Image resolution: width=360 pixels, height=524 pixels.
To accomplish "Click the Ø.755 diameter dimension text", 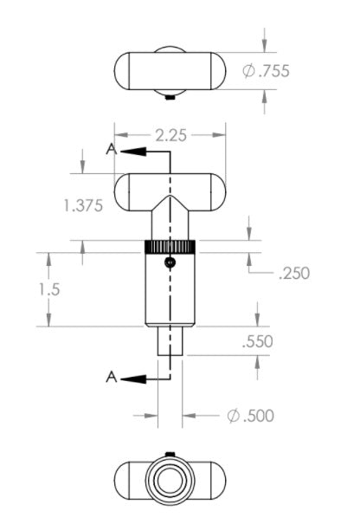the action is (x=266, y=71).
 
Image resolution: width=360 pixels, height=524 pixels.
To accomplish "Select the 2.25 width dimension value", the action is (x=170, y=135).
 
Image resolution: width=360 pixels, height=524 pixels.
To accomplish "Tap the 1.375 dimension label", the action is (x=83, y=205).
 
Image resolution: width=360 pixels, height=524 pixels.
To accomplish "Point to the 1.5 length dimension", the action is (x=49, y=289).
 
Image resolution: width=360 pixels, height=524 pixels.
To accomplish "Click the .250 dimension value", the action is (x=294, y=273).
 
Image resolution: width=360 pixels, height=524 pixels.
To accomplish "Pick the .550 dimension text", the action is (x=258, y=341).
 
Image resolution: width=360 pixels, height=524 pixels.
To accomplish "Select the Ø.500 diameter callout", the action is (x=250, y=416).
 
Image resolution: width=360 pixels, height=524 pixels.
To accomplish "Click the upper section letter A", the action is (x=112, y=149).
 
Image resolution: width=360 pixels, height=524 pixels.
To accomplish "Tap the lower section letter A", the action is (x=112, y=378).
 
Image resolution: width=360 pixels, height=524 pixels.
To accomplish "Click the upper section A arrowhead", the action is (x=133, y=152).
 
